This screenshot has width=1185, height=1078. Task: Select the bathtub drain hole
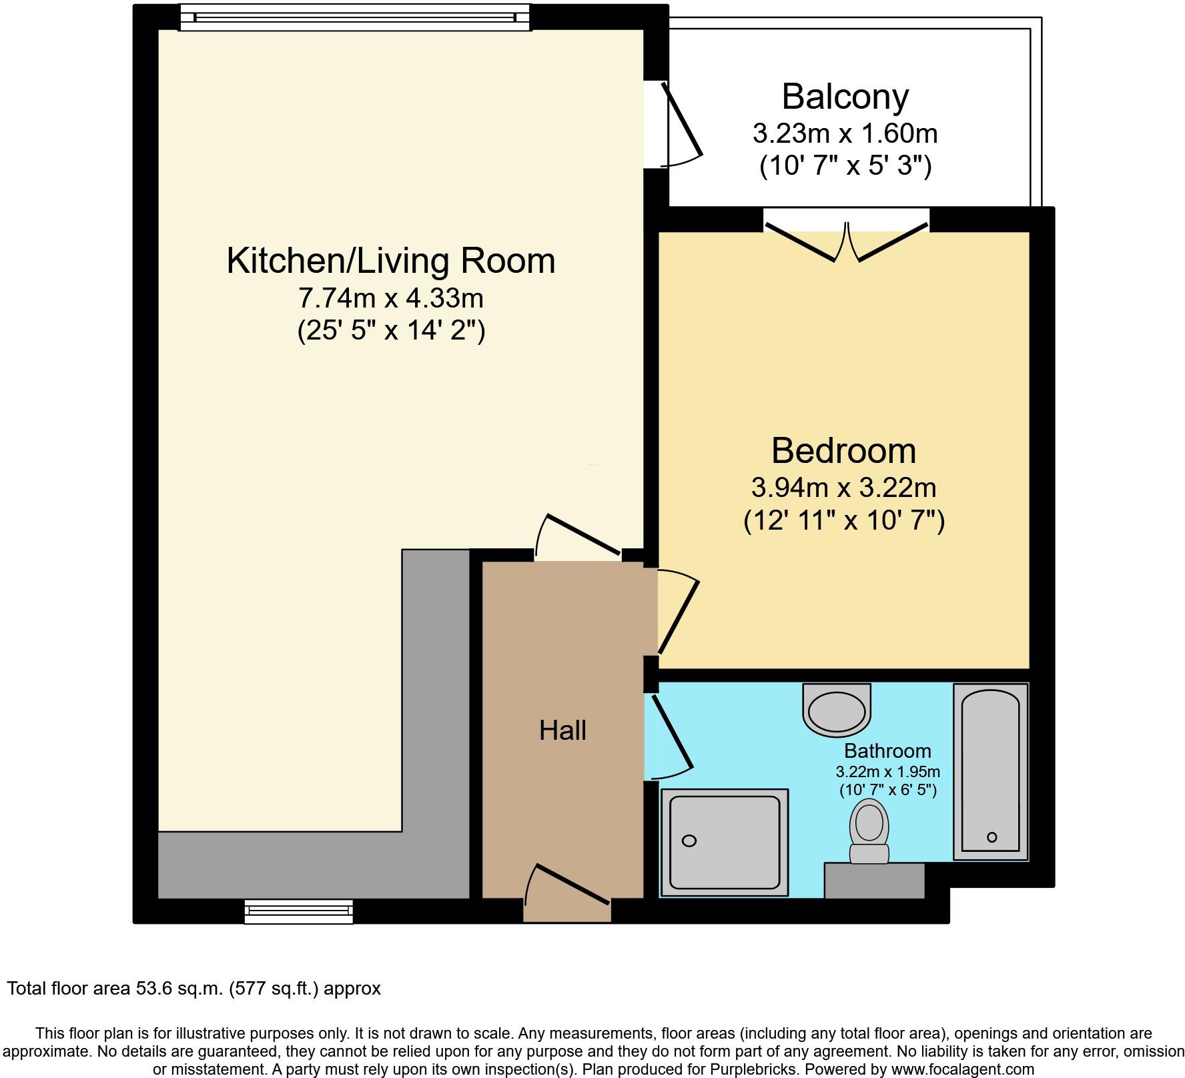coord(992,837)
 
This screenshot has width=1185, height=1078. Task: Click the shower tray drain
coord(689,841)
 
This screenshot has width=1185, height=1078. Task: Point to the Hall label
coord(562,730)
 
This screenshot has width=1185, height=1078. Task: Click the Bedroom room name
coord(843,451)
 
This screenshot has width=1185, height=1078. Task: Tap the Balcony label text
coord(845,97)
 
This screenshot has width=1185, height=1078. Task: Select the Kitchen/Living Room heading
coord(391,261)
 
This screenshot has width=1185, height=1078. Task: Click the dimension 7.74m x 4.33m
coord(391,298)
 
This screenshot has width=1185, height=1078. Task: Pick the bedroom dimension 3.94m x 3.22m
coord(843,488)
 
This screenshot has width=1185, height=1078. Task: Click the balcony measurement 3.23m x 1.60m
coord(845,134)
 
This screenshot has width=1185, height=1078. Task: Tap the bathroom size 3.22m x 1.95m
coord(887,772)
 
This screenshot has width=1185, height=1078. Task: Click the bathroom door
coord(671,737)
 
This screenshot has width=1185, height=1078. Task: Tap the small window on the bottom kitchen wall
coord(298,911)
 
